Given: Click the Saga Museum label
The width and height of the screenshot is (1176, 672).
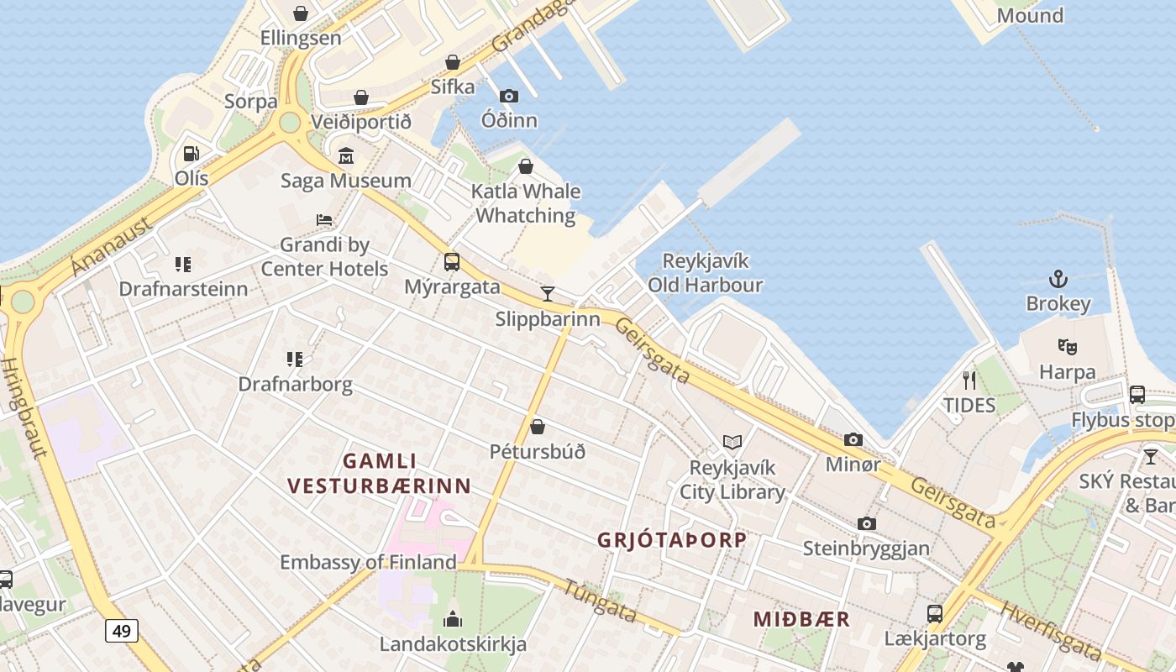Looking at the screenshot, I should click(x=346, y=181).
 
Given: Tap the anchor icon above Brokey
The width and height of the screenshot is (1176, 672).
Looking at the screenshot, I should click(x=1058, y=279).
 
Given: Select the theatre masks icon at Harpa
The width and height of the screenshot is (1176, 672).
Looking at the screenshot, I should click(x=1067, y=346).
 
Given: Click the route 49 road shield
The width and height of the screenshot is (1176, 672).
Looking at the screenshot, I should click(x=122, y=630).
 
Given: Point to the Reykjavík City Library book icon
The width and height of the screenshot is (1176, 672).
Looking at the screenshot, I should click(x=732, y=442).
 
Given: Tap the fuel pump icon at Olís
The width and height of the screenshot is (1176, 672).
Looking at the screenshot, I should click(x=192, y=154).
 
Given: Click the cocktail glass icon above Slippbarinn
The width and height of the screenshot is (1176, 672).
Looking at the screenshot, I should click(x=548, y=293).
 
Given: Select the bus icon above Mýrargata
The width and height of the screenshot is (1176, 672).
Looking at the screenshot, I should click(x=452, y=262).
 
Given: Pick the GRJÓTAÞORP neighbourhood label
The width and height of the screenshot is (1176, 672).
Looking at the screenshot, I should click(x=672, y=540).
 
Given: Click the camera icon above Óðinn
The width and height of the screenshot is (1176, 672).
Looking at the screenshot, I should click(x=509, y=96).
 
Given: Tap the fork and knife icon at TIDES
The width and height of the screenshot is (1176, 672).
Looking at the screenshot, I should click(x=969, y=380).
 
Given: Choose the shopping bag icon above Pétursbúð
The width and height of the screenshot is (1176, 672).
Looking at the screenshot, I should click(x=538, y=427).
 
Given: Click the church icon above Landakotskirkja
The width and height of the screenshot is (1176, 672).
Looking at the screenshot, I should click(x=453, y=620).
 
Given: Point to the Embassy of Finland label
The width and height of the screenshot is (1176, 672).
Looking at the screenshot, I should click(x=368, y=562).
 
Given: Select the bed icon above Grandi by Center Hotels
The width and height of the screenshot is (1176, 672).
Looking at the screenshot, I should click(x=324, y=220).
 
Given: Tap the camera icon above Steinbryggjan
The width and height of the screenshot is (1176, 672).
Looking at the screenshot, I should click(x=866, y=523).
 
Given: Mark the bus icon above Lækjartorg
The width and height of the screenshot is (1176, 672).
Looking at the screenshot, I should click(x=934, y=614).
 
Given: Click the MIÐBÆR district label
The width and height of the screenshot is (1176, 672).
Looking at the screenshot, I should click(x=801, y=620).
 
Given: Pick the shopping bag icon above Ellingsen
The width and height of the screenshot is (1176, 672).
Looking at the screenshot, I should click(x=301, y=13).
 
